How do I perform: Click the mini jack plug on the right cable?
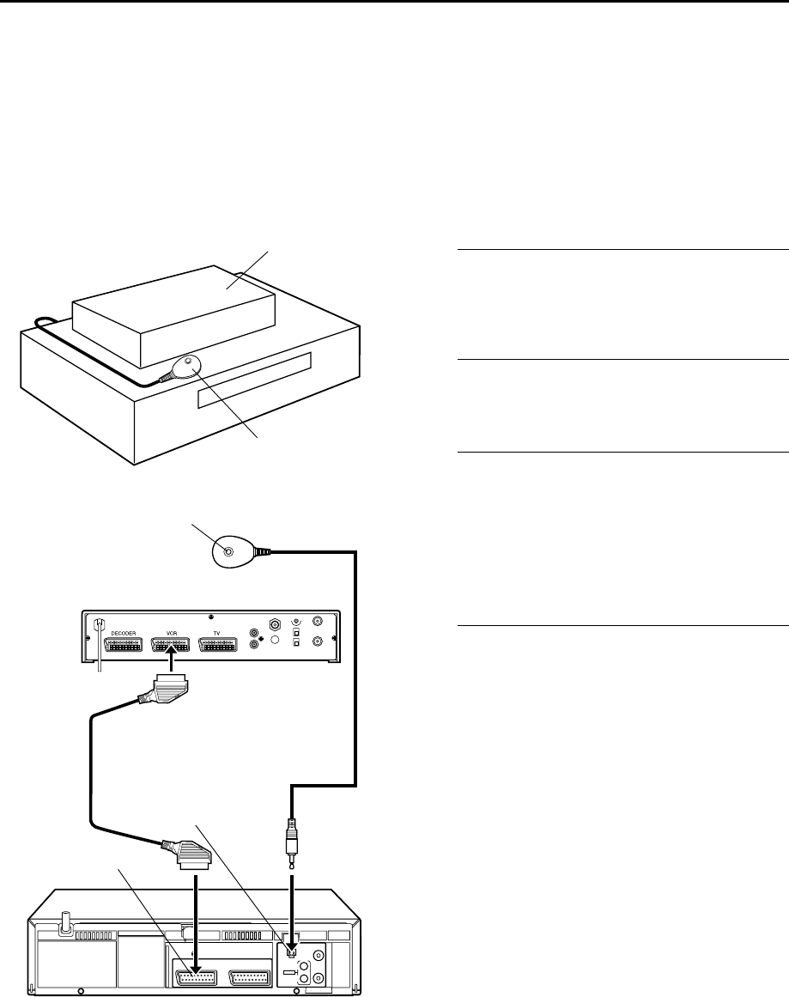293,832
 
